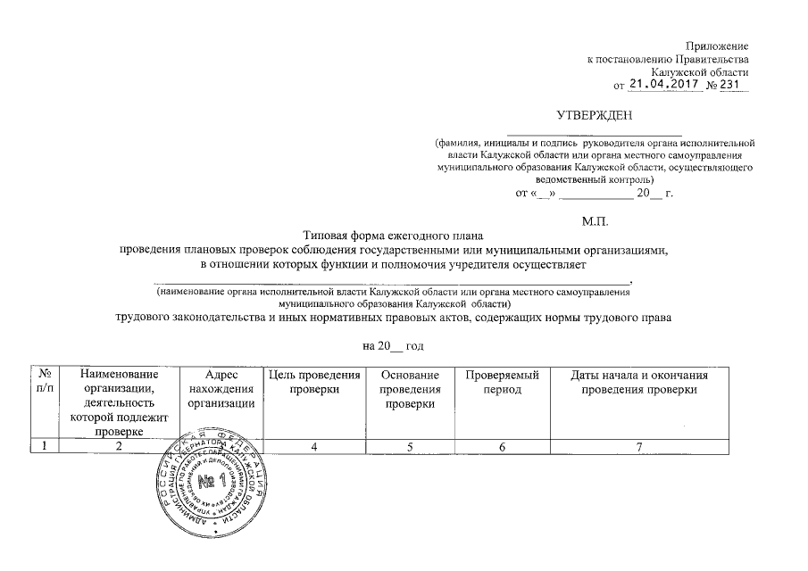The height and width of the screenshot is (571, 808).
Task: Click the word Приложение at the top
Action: (717, 46)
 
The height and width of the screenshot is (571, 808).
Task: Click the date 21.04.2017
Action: (664, 84)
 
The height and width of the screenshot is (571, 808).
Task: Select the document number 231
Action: (736, 84)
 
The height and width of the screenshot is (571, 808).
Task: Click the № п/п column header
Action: (45, 382)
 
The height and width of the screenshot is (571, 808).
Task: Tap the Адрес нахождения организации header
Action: (221, 390)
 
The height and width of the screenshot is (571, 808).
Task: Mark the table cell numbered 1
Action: (44, 447)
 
